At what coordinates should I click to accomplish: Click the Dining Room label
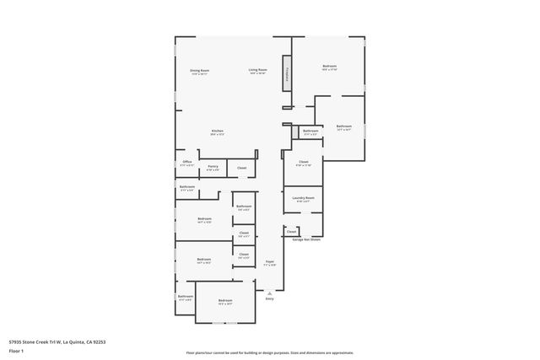pyautogui.click(x=198, y=71)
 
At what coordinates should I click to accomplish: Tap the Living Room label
pyautogui.click(x=257, y=71)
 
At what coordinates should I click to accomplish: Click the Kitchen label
pyautogui.click(x=217, y=132)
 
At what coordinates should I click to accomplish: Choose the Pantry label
pyautogui.click(x=213, y=167)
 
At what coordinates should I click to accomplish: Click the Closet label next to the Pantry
pyautogui.click(x=241, y=168)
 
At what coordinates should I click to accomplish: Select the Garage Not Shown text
pyautogui.click(x=306, y=240)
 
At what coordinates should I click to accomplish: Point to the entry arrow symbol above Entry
pyautogui.click(x=270, y=293)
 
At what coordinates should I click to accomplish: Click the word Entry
pyautogui.click(x=270, y=298)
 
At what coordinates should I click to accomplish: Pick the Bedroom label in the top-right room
pyautogui.click(x=329, y=67)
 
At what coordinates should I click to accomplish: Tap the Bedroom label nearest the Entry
pyautogui.click(x=225, y=301)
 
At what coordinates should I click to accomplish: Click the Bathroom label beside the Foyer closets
pyautogui.click(x=244, y=207)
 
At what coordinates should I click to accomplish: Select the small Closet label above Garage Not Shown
pyautogui.click(x=292, y=231)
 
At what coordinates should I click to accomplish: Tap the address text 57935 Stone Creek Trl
pyautogui.click(x=57, y=342)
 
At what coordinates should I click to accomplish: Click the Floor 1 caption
pyautogui.click(x=17, y=351)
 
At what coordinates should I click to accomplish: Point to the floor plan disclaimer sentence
pyautogui.click(x=270, y=353)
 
